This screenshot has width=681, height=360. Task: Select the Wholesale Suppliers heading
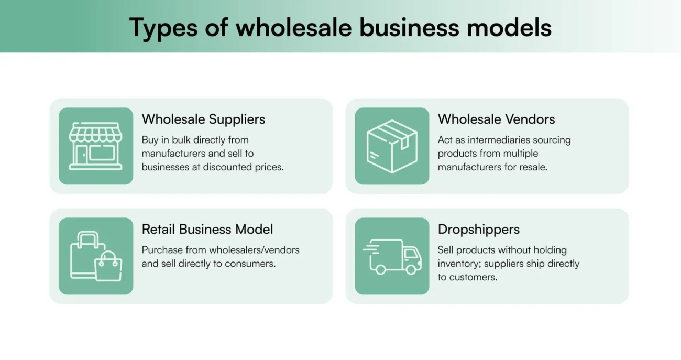click(203, 119)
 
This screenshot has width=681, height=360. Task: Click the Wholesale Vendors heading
click(496, 119)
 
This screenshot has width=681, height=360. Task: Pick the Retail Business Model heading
click(207, 229)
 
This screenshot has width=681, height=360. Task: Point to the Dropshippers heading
click(479, 229)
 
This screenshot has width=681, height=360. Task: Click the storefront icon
click(96, 146)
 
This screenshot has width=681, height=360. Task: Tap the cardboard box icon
click(392, 146)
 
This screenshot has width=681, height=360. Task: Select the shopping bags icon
click(96, 256)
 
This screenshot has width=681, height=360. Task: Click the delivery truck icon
click(392, 256)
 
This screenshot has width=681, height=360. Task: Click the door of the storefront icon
click(82, 154)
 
